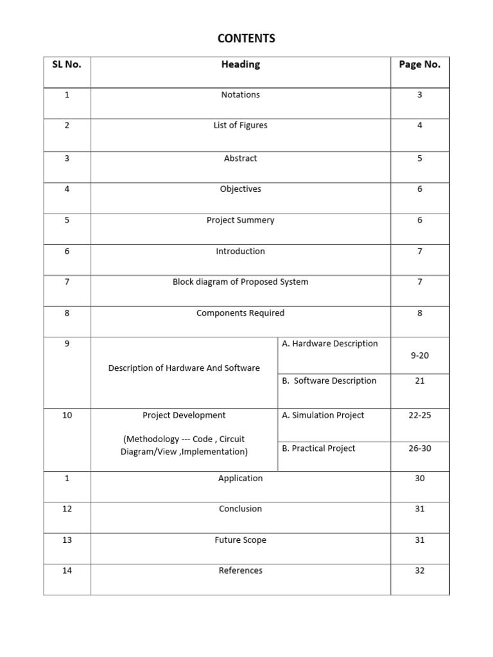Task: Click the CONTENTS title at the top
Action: (246, 38)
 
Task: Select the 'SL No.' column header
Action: (67, 64)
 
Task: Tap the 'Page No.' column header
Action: (420, 64)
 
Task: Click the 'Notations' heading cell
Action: (241, 95)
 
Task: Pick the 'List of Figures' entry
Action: (241, 126)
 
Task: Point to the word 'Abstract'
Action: (241, 158)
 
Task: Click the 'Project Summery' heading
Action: (241, 220)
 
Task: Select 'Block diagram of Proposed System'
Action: (241, 282)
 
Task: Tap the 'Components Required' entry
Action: (241, 313)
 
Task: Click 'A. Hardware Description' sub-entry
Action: (330, 344)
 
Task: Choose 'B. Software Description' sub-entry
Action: (329, 381)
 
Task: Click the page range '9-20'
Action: (420, 355)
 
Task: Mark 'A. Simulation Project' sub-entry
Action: (323, 416)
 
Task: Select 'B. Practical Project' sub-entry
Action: (318, 448)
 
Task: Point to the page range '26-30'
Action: (420, 448)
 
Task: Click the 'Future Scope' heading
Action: (241, 540)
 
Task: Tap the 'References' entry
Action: (241, 570)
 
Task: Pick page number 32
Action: (420, 570)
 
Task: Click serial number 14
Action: (67, 570)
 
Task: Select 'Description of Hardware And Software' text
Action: (184, 368)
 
